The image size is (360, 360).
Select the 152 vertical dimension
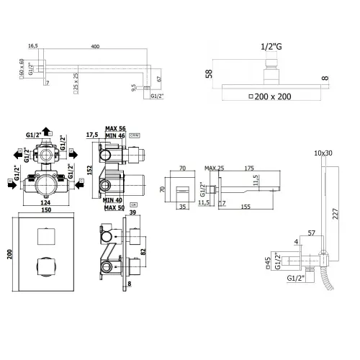tap(88, 168)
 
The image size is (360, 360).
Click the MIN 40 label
tap(114, 200)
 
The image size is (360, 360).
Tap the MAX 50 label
tap(114, 208)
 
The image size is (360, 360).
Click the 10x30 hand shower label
tap(324, 153)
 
